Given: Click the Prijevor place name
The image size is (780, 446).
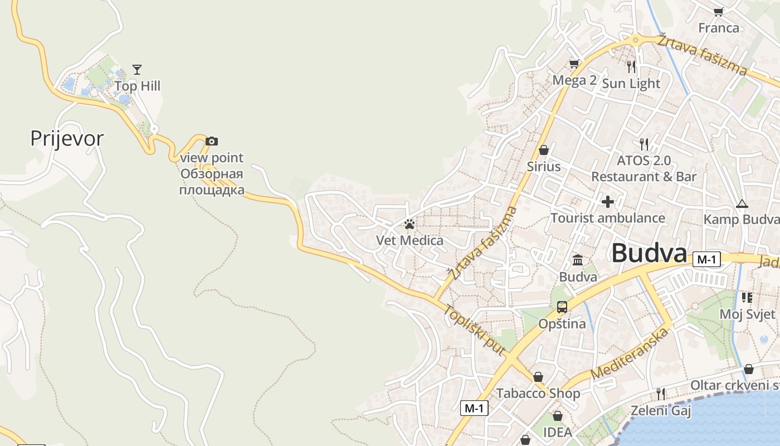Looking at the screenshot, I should point(67,138).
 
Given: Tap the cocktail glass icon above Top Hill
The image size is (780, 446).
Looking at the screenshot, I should point(137,70).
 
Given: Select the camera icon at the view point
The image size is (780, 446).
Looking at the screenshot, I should point(212,141).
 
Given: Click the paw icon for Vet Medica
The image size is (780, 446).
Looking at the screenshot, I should point(410,224).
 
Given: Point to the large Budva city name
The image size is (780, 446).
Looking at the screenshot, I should point(649,254).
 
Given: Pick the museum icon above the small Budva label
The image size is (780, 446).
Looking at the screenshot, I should point(578,260).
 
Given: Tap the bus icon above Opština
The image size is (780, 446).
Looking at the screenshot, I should point(562,307).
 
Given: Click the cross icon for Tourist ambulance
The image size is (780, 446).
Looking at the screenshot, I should point(608,201).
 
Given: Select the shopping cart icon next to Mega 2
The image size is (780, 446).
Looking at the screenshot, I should point(574,64).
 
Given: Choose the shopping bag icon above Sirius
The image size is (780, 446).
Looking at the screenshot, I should point(544,150).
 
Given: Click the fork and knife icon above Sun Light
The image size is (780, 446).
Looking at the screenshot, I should point(631,67).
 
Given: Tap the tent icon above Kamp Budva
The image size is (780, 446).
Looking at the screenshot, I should point(742,203).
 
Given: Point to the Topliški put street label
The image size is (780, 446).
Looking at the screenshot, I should point(475,331).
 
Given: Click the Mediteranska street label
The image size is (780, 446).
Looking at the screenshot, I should point(629,355).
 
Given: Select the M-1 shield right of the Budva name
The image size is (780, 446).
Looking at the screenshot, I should point(706,259).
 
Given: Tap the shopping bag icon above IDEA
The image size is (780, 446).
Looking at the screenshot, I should point(557,416).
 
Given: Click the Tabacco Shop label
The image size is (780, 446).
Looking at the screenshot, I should point(538,394).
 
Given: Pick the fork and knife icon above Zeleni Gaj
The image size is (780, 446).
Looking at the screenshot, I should point(660,394).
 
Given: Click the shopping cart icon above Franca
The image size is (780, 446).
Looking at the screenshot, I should point(719,12).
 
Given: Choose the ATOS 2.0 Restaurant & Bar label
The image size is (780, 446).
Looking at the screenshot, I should point(643,168).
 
